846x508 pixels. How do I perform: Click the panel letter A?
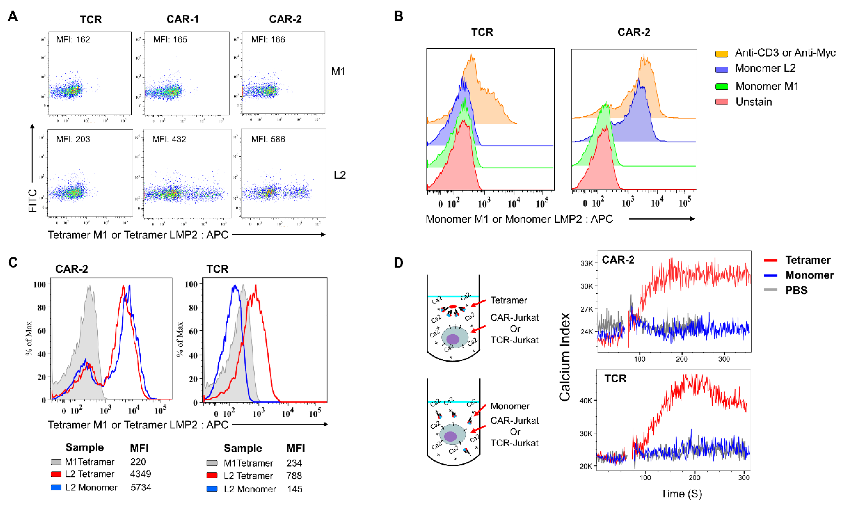point(13,16)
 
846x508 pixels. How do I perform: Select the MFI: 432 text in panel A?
point(169,139)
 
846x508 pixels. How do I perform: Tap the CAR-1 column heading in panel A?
point(182,19)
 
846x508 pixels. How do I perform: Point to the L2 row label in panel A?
point(340,175)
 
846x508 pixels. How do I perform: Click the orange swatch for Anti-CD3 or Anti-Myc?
point(721,54)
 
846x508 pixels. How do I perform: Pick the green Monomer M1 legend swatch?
point(721,87)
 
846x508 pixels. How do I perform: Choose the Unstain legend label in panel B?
point(754,102)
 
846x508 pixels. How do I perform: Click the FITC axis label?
point(33,201)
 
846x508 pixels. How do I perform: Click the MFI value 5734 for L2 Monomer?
point(141,487)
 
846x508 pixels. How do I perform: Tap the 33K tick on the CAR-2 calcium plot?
point(587,263)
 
